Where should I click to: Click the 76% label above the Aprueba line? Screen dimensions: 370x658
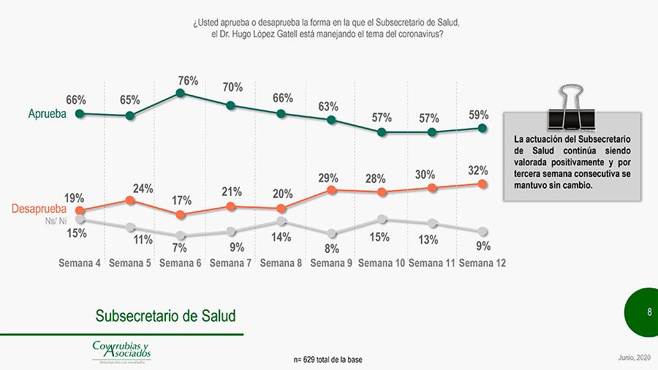click(188, 81)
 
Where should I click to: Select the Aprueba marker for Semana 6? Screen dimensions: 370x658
click(181, 94)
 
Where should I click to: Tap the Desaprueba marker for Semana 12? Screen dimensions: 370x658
click(483, 184)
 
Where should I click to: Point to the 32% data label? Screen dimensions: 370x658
click(479, 170)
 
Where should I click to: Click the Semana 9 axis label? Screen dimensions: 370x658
click(331, 263)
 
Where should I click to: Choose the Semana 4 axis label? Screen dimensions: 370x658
click(80, 263)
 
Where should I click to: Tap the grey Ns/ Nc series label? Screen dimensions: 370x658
click(56, 221)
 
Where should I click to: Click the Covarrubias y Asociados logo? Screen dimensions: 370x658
click(121, 351)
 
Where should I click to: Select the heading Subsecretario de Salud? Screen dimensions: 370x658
click(166, 316)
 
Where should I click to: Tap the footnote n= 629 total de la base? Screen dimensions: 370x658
click(328, 360)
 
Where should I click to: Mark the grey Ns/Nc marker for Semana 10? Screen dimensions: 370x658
click(382, 219)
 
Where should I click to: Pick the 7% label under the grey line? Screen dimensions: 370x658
click(180, 248)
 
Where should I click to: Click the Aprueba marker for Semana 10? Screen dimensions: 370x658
click(382, 132)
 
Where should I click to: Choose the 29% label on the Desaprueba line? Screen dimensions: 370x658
click(328, 178)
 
